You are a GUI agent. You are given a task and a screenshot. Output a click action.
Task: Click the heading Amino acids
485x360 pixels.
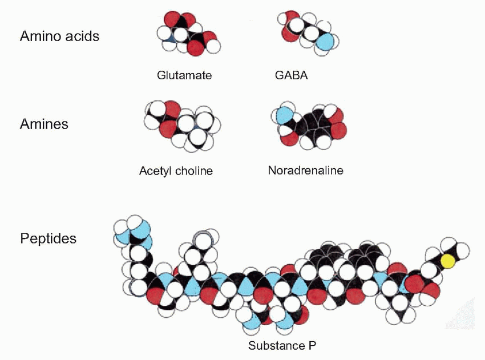[59, 37]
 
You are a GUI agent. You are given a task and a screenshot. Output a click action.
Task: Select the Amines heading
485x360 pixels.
[44, 124]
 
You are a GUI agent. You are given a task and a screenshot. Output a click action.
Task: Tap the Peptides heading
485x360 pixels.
[48, 238]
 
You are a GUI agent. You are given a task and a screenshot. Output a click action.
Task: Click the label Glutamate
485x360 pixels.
[184, 75]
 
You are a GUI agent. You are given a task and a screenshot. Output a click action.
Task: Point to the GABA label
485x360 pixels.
[291, 75]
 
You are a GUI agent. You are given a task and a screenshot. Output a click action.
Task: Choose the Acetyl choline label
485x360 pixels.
[176, 171]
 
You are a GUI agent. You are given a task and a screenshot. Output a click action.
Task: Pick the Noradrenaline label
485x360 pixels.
[305, 170]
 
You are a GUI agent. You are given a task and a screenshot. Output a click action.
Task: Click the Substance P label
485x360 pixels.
[282, 346]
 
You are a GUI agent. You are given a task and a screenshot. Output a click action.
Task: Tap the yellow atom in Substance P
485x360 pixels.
[448, 261]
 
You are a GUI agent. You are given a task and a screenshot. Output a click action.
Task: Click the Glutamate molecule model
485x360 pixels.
[188, 34]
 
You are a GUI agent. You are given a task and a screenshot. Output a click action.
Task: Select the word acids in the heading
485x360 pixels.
[84, 37]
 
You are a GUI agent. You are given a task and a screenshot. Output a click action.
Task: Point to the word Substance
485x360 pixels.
[275, 346]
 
